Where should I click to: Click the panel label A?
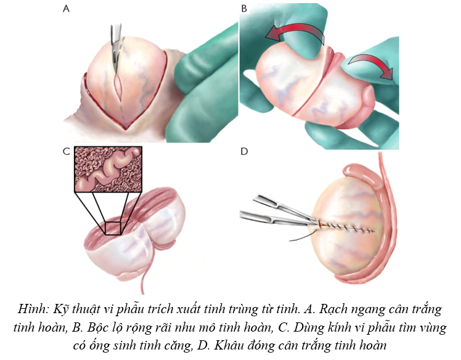click(x=66, y=10)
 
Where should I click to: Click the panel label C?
click(x=66, y=152)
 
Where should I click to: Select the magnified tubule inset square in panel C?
click(x=108, y=169)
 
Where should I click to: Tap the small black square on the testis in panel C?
click(x=112, y=227)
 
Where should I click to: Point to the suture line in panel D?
click(x=345, y=228)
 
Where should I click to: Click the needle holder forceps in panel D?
click(x=277, y=210)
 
